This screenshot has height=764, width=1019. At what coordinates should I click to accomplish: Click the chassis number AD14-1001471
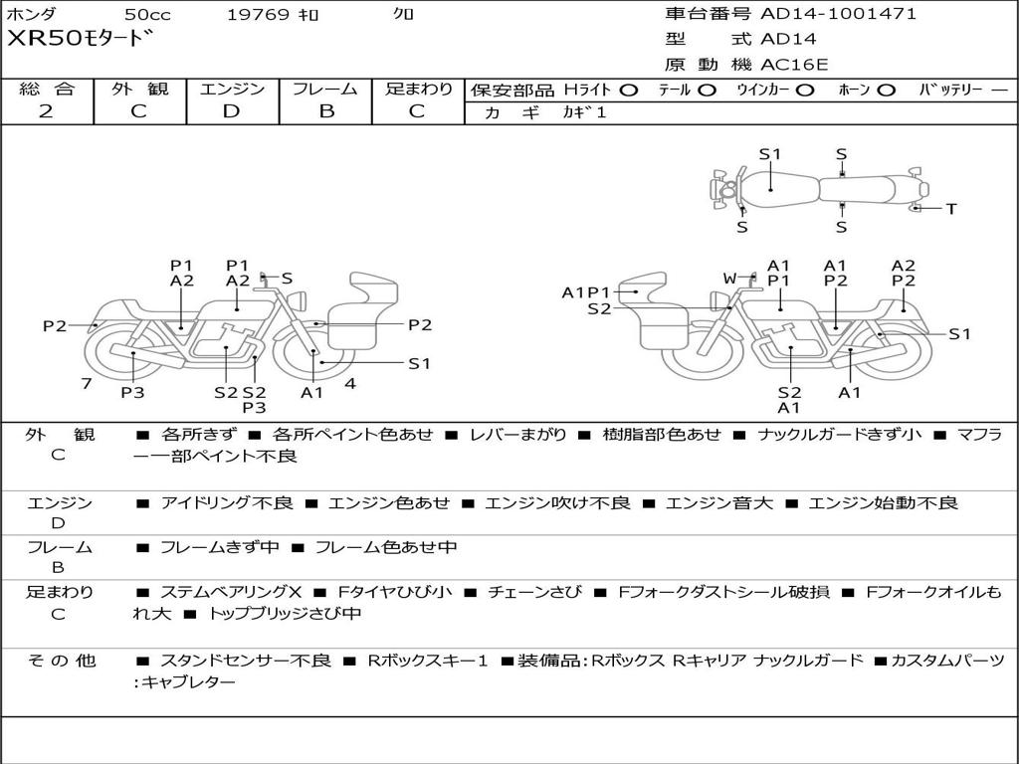(838, 13)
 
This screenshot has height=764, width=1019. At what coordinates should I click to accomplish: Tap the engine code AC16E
(794, 65)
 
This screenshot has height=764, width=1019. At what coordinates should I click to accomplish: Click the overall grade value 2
(46, 111)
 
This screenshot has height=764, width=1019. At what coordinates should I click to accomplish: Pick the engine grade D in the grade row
(231, 111)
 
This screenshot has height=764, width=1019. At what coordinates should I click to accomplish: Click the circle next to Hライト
(629, 91)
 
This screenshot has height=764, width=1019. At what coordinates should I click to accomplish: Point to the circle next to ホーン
(887, 91)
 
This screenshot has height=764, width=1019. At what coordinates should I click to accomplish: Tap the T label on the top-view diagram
(951, 209)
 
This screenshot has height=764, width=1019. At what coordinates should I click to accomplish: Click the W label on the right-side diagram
(729, 279)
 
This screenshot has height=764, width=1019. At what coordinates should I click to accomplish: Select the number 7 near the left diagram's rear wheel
(87, 383)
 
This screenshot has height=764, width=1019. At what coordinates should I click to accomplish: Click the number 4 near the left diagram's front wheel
(350, 383)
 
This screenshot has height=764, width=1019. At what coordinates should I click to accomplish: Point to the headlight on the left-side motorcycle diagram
(299, 301)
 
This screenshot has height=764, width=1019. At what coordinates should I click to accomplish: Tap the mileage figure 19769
(258, 14)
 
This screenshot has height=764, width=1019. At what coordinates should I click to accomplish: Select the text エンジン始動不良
(883, 502)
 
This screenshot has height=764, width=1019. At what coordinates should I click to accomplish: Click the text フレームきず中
(220, 547)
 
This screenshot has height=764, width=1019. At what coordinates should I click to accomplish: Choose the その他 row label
(61, 661)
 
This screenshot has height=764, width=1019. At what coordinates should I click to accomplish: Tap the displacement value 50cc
(148, 14)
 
